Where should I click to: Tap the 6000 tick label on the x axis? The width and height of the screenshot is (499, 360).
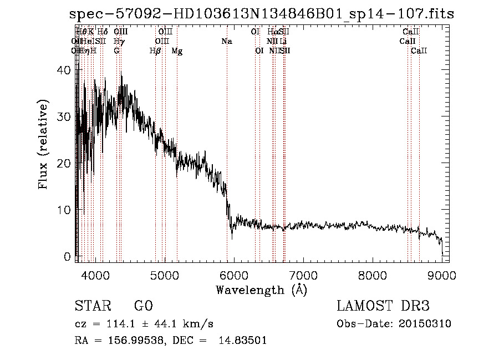(x=233, y=275)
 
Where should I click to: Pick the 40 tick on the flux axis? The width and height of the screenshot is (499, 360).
(x=65, y=70)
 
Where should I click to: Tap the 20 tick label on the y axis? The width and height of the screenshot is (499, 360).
(x=65, y=164)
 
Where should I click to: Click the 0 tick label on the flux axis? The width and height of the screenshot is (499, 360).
(x=68, y=257)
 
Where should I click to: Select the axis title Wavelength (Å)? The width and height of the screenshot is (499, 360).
(x=261, y=290)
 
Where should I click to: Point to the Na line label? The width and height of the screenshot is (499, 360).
(x=226, y=42)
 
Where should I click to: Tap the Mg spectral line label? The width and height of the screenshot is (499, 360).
(x=177, y=51)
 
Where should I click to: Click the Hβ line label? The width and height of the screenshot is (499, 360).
(x=155, y=51)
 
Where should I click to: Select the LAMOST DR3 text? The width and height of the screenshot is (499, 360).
(x=383, y=306)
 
